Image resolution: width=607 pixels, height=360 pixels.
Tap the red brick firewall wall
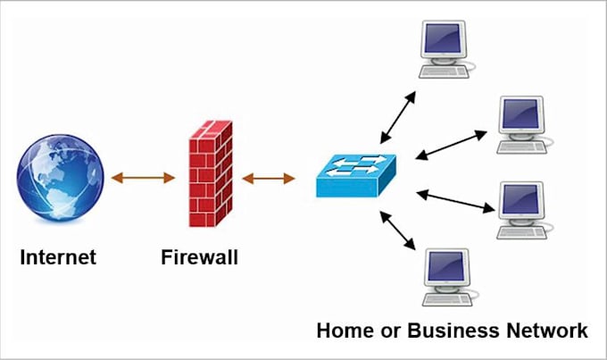tap(210, 176)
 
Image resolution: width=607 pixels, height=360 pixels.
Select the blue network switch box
tap(355, 175)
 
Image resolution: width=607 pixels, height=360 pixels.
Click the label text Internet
tap(58, 258)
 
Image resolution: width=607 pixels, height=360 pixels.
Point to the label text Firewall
tap(200, 258)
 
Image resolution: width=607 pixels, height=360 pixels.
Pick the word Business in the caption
tap(445, 331)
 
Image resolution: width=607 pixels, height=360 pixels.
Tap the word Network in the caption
tap(545, 331)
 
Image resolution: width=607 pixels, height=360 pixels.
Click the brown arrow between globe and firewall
tap(143, 178)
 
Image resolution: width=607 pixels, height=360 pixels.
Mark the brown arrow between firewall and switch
tap(268, 179)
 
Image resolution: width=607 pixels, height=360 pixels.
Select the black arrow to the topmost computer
tap(397, 116)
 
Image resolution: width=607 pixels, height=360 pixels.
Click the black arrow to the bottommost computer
tap(397, 230)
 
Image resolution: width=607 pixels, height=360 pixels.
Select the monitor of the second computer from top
tap(520, 115)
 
